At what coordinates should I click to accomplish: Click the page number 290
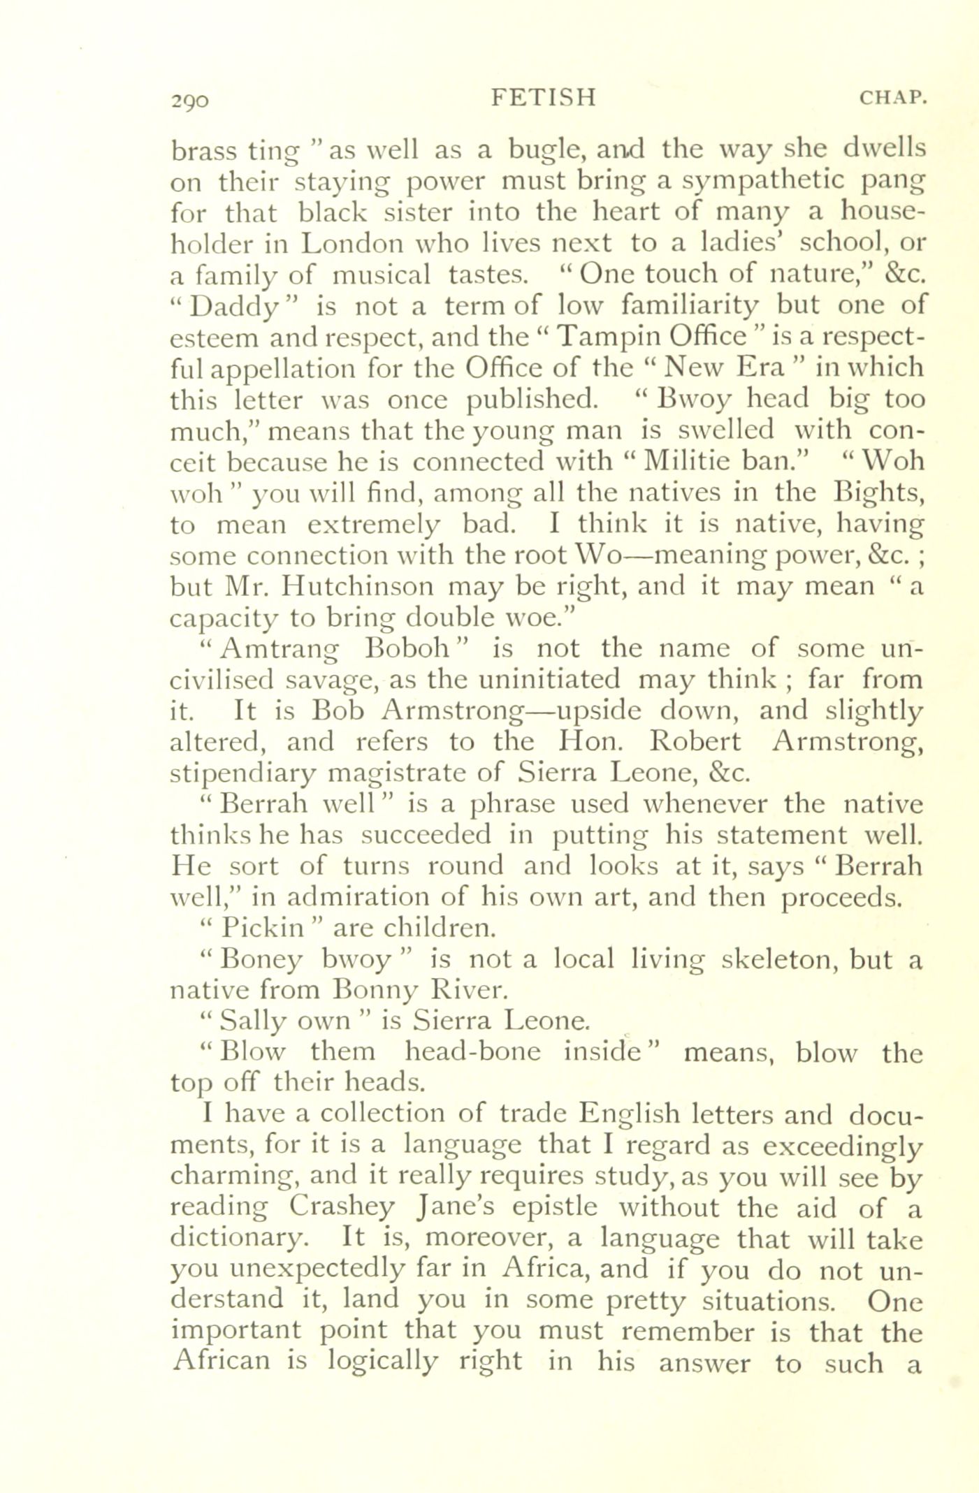[189, 101]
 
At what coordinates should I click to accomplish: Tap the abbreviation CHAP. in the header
[891, 99]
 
